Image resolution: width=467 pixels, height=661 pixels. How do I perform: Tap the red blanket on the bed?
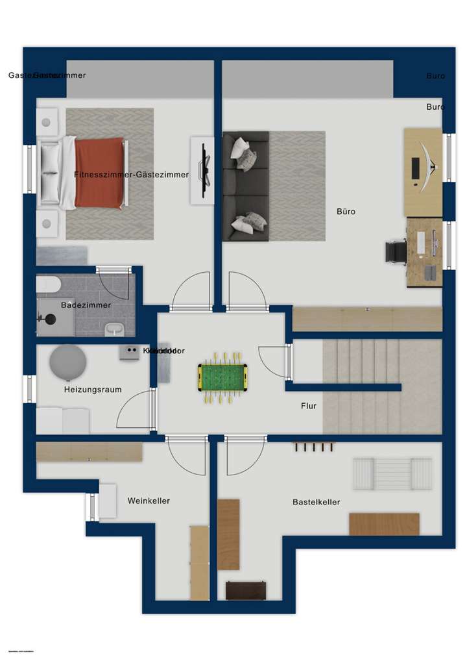tap(99, 173)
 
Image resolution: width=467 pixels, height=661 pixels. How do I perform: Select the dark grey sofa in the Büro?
tap(245, 186)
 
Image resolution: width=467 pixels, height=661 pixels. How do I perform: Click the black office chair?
tap(395, 251)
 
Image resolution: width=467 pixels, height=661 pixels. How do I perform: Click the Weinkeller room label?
tap(149, 501)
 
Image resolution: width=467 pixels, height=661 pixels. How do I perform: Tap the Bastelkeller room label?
tap(316, 502)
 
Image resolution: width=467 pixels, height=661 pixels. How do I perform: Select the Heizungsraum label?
tap(93, 390)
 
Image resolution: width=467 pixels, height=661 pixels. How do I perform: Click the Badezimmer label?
tap(86, 305)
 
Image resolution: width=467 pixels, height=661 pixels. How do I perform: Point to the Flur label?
tap(309, 406)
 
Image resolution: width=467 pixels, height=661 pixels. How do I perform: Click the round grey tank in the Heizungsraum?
tap(67, 362)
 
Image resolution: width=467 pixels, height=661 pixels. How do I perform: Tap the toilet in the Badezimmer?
tap(48, 284)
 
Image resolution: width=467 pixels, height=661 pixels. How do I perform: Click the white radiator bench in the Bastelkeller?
tap(392, 474)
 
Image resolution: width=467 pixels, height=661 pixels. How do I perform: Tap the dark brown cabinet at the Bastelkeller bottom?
tap(246, 590)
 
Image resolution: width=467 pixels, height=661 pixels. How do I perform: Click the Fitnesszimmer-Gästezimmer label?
tap(131, 175)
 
